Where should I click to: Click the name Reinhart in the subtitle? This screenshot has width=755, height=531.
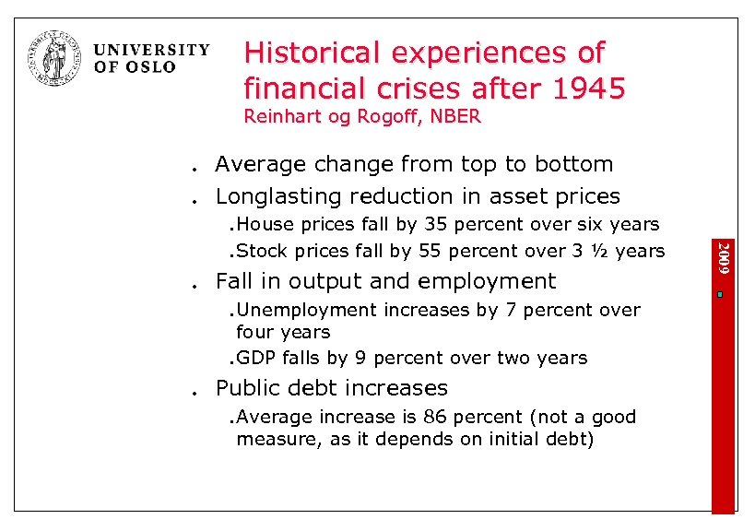pyautogui.click(x=277, y=117)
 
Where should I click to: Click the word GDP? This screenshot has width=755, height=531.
pyautogui.click(x=254, y=358)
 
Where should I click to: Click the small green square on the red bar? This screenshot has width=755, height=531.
pyautogui.click(x=725, y=294)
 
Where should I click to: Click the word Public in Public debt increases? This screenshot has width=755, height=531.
pyautogui.click(x=246, y=388)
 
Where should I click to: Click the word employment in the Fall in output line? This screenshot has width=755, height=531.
pyautogui.click(x=488, y=281)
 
